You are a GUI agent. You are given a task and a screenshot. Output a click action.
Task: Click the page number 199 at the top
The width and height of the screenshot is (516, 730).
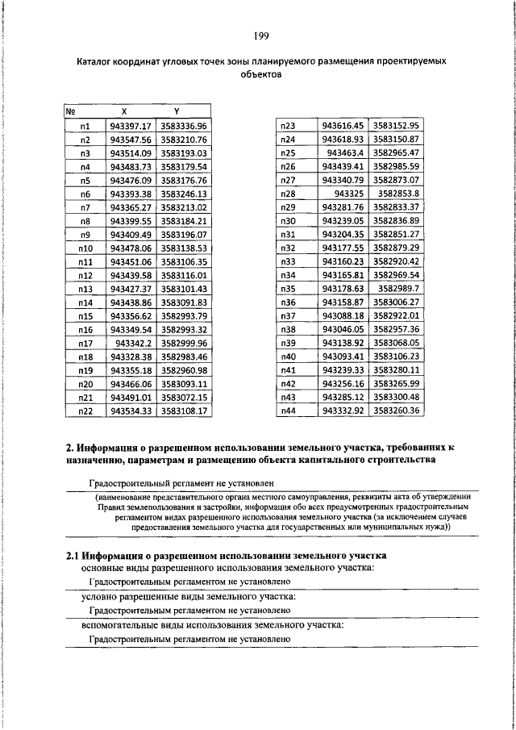coord(261,35)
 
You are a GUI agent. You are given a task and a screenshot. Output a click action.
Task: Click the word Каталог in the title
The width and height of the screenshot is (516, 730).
coord(98,61)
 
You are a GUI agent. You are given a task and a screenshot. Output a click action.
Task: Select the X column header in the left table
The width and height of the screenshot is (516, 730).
coord(123,111)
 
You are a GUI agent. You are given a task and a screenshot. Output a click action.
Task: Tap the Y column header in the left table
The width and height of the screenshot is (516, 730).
coord(176,111)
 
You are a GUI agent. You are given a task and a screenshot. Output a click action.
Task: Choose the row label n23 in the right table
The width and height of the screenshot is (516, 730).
coord(288,126)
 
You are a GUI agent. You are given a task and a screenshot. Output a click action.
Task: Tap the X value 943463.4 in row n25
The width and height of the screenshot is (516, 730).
coord(345,153)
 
